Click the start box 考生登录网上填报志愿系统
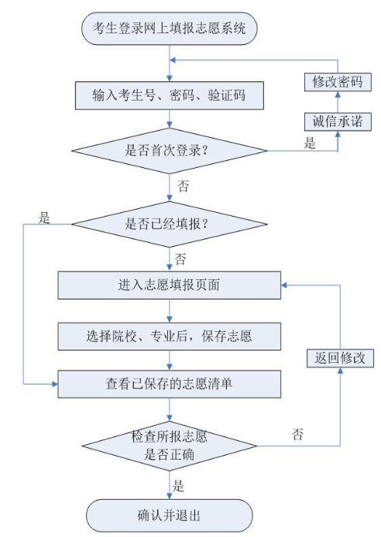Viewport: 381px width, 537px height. [x=170, y=29]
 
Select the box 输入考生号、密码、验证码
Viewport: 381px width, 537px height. [x=170, y=95]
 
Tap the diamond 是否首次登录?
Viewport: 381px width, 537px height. [x=170, y=151]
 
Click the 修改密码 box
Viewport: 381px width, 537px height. [x=338, y=82]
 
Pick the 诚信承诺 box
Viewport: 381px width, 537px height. [x=338, y=121]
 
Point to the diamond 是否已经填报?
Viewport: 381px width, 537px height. [x=170, y=224]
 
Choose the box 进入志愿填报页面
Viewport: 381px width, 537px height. [x=170, y=286]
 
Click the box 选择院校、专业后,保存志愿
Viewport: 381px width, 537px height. [x=170, y=337]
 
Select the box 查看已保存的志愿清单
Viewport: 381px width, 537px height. [x=170, y=384]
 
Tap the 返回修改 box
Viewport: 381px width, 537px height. [x=340, y=358]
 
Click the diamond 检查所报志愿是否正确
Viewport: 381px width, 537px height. [x=170, y=446]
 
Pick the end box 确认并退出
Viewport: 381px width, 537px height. [x=170, y=515]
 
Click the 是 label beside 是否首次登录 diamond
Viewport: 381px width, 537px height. [x=310, y=143]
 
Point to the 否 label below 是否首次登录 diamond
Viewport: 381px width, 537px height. [x=183, y=186]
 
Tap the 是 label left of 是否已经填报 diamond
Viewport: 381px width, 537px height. [x=44, y=217]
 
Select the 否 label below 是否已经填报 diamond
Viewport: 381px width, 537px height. [x=180, y=259]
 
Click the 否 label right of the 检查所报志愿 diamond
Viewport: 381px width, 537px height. [x=297, y=435]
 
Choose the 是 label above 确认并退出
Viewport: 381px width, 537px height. [x=178, y=486]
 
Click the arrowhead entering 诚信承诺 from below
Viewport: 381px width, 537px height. [x=338, y=134]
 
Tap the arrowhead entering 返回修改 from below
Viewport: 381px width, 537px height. [x=340, y=371]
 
